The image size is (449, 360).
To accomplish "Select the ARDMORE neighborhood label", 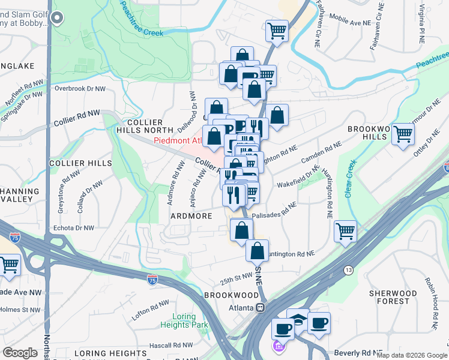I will (x=191, y=215).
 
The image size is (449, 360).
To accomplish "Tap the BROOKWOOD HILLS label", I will (x=369, y=133).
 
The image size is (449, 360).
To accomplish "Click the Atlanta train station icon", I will (x=261, y=308).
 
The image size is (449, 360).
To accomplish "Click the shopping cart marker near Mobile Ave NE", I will (x=277, y=30).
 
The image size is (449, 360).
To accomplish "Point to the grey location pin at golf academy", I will (x=58, y=19).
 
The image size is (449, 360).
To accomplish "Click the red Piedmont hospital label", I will (x=177, y=141).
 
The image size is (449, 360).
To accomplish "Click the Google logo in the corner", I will (x=20, y=353).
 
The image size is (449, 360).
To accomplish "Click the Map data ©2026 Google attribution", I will (x=411, y=355).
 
